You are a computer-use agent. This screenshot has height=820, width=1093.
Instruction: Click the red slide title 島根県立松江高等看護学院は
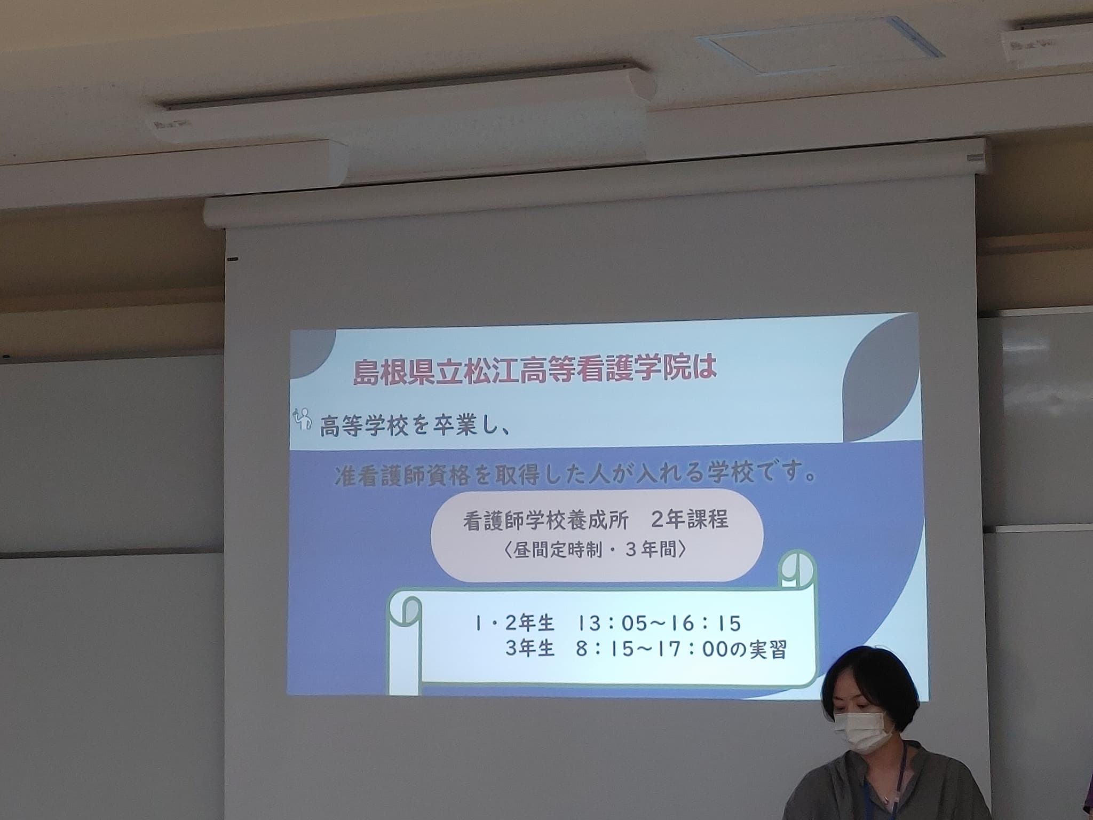[x=535, y=370]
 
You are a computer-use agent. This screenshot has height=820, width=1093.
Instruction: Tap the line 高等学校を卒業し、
[x=413, y=427]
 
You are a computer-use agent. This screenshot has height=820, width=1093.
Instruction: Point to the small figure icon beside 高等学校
[x=303, y=419]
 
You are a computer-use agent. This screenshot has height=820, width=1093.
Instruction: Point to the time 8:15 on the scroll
[x=605, y=650]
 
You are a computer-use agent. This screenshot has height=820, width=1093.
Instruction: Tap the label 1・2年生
[x=514, y=623]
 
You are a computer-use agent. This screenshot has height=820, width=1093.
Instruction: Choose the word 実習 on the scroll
[x=768, y=650]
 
